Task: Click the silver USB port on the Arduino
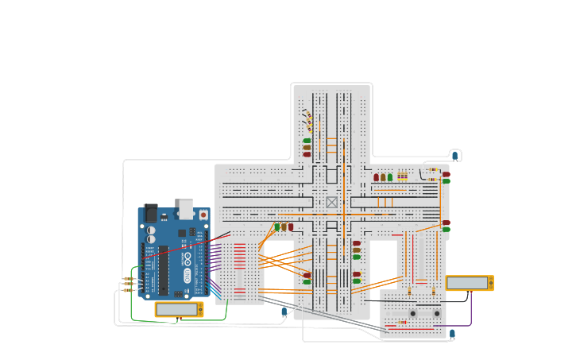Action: (186, 208)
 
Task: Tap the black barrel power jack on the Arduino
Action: (150, 213)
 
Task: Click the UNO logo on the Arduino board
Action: (187, 275)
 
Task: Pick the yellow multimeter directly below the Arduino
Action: (179, 309)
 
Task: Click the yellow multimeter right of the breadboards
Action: (470, 283)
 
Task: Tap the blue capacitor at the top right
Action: (455, 156)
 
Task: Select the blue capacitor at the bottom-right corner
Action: (452, 334)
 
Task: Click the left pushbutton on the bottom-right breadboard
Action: (412, 313)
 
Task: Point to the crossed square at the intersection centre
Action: (332, 202)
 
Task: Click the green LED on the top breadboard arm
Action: (307, 141)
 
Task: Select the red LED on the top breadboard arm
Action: (307, 154)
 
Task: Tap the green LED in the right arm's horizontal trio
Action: (389, 177)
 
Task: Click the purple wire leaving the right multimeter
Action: (470, 314)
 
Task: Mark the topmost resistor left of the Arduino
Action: (128, 278)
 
